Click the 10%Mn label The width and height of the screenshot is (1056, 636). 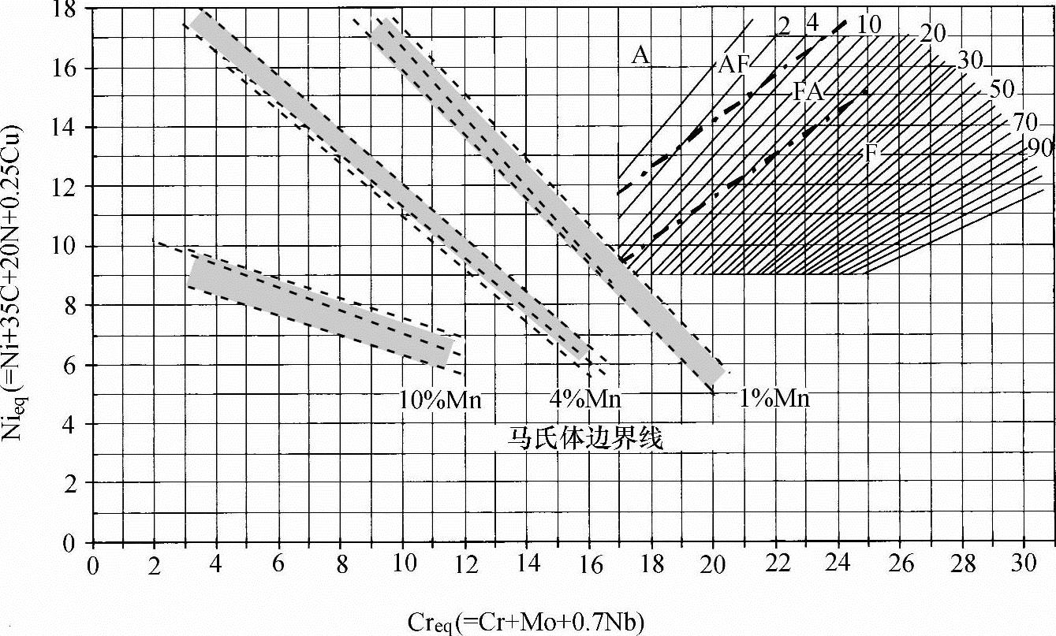pos(441,400)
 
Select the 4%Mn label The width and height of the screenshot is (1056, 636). pos(585,399)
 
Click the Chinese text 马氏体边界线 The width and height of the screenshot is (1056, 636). pos(584,438)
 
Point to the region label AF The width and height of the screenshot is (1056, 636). pos(733,65)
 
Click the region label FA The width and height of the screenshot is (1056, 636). pos(808,91)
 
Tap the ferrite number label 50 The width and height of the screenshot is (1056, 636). pos(1002,89)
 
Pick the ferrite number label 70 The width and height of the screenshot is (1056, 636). pos(1024,122)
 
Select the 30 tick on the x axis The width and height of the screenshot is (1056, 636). pos(1023,565)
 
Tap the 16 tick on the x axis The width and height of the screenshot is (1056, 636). pos(588,565)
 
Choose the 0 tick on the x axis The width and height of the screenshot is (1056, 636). pos(93,565)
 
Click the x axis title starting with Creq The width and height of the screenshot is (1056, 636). pos(526,623)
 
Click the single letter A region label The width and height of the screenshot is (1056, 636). pos(640,55)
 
